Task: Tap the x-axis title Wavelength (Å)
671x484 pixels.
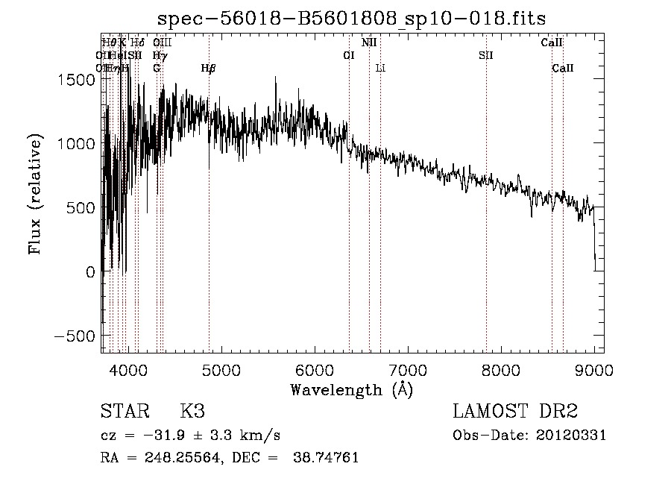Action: coord(351,389)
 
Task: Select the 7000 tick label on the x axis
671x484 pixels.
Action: coord(408,369)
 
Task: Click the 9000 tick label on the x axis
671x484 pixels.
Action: coord(594,369)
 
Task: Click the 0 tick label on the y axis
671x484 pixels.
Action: coord(90,273)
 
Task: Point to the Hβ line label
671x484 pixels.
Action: coord(209,68)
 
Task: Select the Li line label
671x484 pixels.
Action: coord(380,68)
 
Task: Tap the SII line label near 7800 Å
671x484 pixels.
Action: coord(486,55)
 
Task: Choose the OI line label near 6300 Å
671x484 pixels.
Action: coord(348,55)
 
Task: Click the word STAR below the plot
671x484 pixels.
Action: coord(124,411)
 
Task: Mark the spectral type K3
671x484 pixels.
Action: coord(192,411)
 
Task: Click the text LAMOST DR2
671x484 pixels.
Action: coord(515,411)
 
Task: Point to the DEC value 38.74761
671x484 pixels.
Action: coord(329,458)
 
